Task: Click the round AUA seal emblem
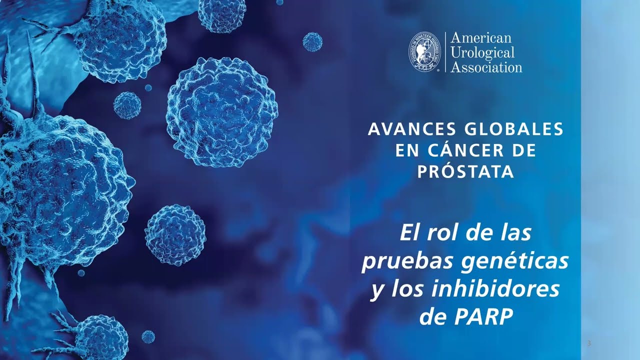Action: coord(424,51)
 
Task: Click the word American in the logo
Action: coord(481,37)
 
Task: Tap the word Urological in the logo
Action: coord(482,53)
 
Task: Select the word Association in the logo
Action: coord(486,67)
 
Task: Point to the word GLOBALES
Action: coord(514,129)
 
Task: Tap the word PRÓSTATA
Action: coord(465,171)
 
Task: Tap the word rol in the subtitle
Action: coord(442,233)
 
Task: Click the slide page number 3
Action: coord(589,343)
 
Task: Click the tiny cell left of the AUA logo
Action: coord(312,41)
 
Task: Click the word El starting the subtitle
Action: coord(409,233)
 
